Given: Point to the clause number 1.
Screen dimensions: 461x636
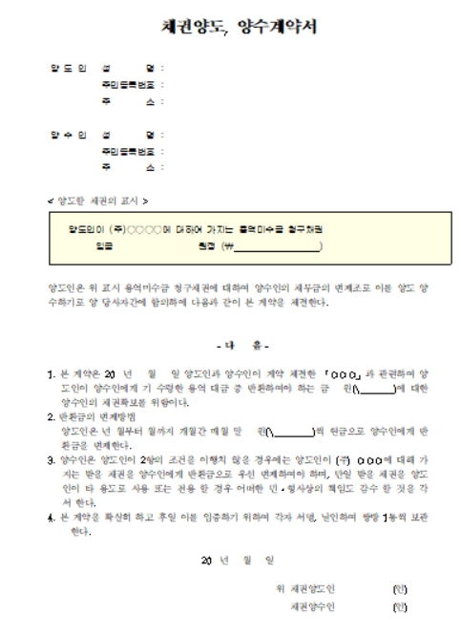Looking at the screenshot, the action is coord(52,366).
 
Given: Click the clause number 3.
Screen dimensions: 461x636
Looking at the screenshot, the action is coord(52,458).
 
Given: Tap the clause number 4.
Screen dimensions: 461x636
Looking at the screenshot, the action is coord(52,518).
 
